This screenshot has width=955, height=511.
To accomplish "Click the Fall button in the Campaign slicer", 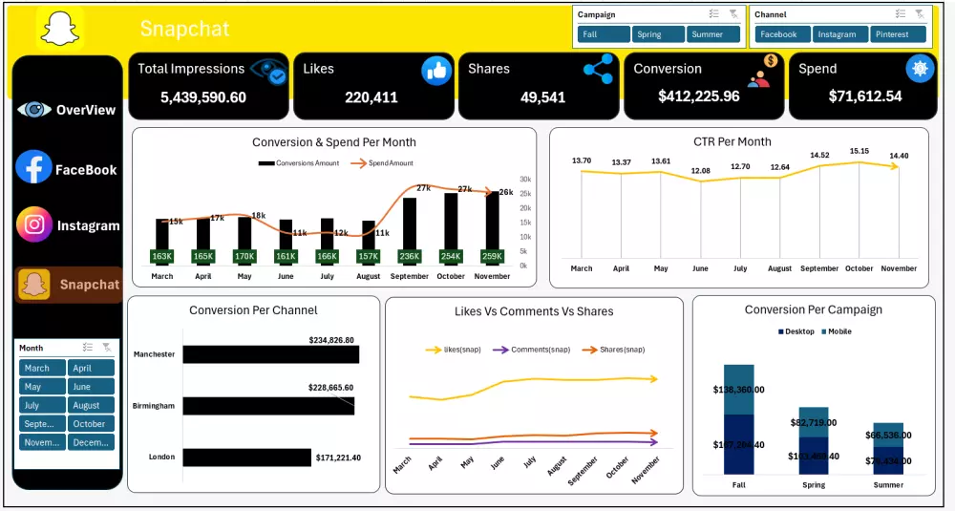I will [603, 34].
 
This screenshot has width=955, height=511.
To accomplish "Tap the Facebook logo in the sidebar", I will [33, 168].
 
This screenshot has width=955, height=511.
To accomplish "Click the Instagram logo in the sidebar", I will [34, 224].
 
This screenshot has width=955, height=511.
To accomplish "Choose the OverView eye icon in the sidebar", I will [33, 110].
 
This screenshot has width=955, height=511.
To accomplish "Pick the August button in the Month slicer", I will [91, 405].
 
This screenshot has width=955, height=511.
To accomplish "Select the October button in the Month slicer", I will [91, 423].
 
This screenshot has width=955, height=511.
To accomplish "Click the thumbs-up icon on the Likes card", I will [436, 70].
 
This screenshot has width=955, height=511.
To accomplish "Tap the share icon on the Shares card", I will [598, 69].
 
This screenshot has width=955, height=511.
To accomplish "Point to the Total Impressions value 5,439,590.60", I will [203, 97].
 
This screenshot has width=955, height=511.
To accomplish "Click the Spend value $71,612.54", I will [864, 96].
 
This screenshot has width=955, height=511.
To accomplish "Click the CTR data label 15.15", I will [859, 151].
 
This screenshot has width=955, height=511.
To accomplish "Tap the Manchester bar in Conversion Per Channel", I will [270, 354].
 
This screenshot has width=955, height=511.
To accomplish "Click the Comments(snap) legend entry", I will [536, 350].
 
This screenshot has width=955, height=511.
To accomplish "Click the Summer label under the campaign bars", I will [888, 485].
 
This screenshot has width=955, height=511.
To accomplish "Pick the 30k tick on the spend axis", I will [525, 180].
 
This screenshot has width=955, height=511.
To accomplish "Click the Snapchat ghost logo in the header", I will [60, 28].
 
